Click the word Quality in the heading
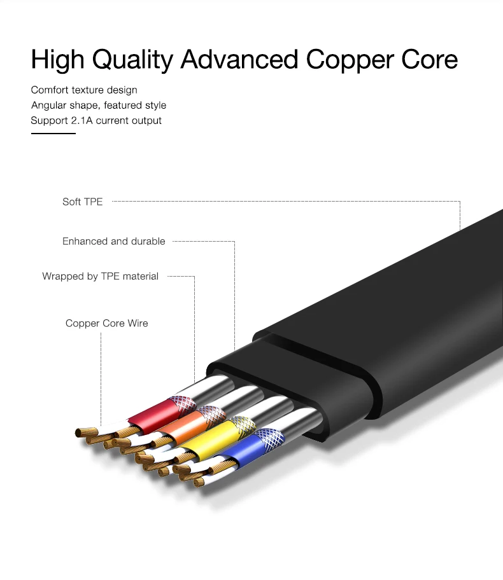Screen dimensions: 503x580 pos(132,60)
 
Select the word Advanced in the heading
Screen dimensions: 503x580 pos(239,60)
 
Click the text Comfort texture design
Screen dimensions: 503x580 pos(84,90)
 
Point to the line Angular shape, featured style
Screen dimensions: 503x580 pos(99,105)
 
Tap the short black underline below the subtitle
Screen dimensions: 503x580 pos(53,134)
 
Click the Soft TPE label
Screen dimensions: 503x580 pos(82,202)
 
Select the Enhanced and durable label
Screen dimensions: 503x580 pos(113,241)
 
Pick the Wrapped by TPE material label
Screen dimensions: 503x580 pos(100,276)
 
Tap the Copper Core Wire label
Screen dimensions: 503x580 pos(106,323)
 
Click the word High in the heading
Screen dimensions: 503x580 pos(58,60)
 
